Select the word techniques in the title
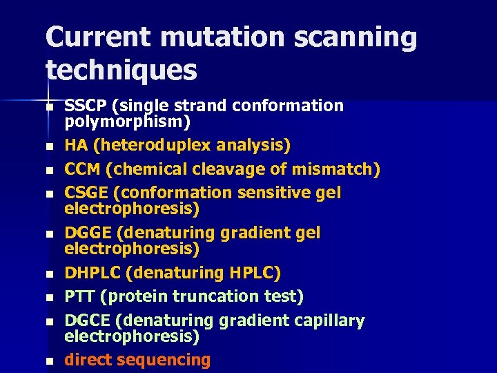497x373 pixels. [121, 69]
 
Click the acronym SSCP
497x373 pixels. [86, 106]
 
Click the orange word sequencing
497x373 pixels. [164, 360]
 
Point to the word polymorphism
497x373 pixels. [127, 122]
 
